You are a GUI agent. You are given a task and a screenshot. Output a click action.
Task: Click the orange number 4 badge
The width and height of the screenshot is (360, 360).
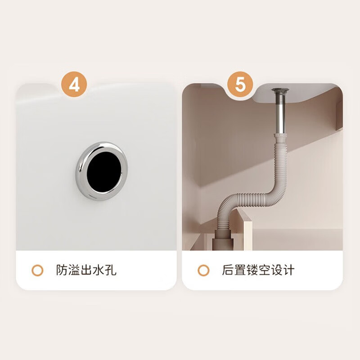tap(74, 85)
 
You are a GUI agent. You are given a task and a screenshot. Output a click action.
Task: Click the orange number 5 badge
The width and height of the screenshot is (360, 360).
tap(240, 85)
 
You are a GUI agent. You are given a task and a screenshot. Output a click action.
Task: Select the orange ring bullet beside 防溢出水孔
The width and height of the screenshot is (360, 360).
tap(38, 270)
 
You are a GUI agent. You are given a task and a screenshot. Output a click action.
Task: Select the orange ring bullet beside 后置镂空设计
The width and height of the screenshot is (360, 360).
tap(204, 270)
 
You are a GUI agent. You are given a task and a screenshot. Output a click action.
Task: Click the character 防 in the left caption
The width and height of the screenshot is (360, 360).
tap(62, 270)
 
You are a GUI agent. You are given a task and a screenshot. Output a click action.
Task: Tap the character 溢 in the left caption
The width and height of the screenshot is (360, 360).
tap(74, 270)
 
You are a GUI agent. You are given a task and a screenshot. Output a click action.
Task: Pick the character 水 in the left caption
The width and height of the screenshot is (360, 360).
tap(99, 270)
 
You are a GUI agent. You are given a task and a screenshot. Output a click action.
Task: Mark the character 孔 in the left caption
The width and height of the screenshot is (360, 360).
tap(111, 270)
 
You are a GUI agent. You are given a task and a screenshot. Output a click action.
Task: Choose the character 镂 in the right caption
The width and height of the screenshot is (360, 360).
tap(252, 270)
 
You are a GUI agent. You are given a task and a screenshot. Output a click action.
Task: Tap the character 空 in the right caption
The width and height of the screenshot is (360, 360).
tap(265, 270)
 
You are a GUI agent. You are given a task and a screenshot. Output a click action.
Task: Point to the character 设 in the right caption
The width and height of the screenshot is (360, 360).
tap(277, 270)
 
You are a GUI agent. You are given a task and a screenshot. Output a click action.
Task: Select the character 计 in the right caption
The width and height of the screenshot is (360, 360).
tap(289, 270)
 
